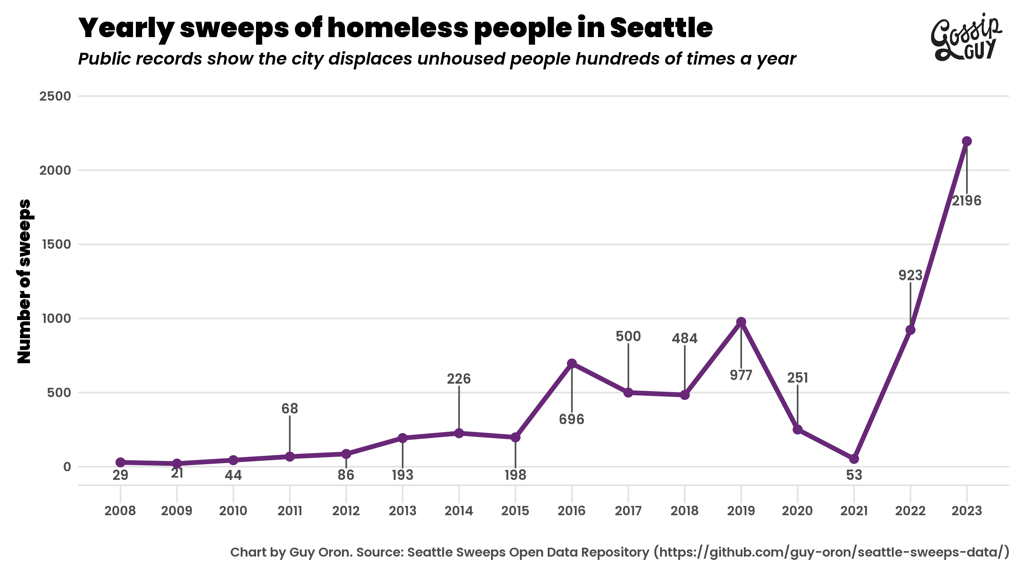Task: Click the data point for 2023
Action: (966, 141)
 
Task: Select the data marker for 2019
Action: (741, 322)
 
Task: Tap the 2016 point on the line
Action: (572, 364)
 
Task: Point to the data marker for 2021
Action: (854, 459)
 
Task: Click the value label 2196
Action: (966, 201)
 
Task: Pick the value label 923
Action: (910, 275)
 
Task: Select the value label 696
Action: (571, 419)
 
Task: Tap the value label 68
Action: (290, 409)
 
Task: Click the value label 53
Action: (854, 475)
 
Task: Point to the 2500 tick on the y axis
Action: (55, 96)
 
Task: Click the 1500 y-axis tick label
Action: (56, 244)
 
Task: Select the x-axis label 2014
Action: (459, 511)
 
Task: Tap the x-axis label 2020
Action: (797, 511)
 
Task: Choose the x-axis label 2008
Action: (120, 511)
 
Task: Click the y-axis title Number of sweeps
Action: (24, 281)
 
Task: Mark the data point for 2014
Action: (459, 433)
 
